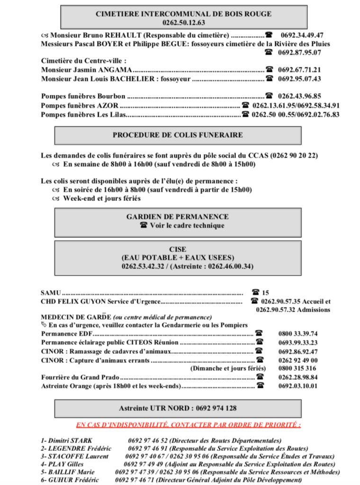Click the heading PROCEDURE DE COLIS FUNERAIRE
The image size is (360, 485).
[x=178, y=135]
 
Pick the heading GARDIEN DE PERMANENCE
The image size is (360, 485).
[x=177, y=216]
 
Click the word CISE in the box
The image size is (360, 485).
[x=178, y=249]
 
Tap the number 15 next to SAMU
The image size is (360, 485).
[x=265, y=292]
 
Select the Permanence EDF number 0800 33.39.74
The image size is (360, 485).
[x=298, y=333]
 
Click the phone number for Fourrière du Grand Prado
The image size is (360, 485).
[x=298, y=377]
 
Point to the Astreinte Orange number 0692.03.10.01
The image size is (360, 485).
[x=298, y=386]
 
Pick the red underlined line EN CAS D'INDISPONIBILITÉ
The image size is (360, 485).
[x=189, y=424]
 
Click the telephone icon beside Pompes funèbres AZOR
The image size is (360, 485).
[x=245, y=105]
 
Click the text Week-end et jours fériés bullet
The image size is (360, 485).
[x=101, y=198]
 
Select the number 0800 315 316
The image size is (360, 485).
[x=297, y=368]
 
